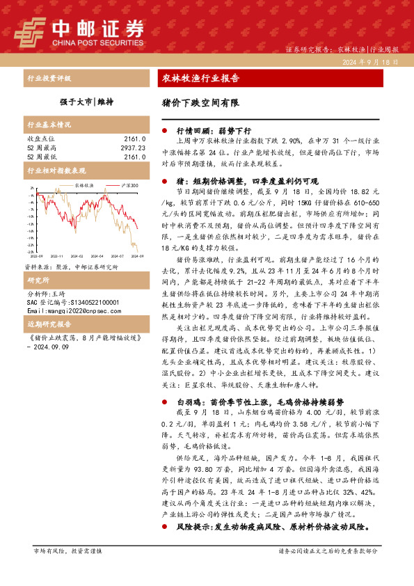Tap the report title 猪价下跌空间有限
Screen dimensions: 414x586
pos(200,102)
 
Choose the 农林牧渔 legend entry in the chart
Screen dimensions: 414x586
pos(83,186)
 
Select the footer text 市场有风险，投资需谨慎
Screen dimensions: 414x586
pos(67,551)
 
